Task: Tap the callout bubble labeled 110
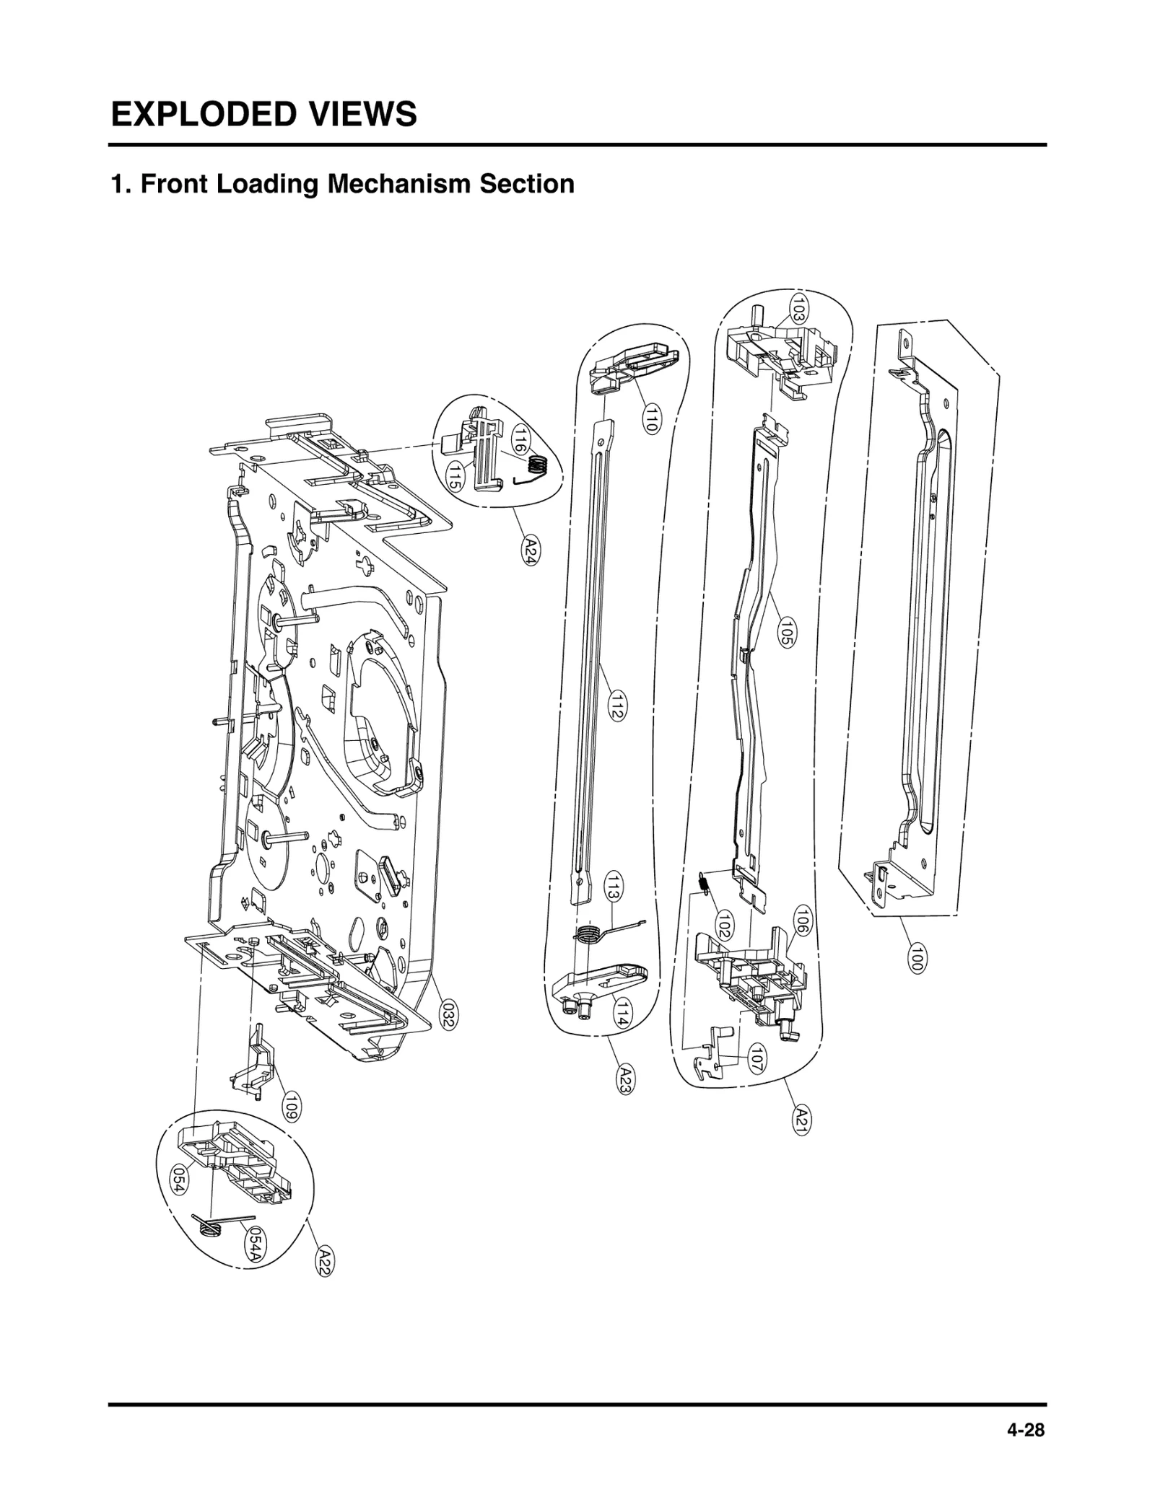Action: [650, 418]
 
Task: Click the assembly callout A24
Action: [531, 550]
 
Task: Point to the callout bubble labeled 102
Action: [724, 924]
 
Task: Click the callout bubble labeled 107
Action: [757, 1059]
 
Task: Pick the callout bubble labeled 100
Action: [916, 957]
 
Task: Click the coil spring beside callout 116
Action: [538, 466]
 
